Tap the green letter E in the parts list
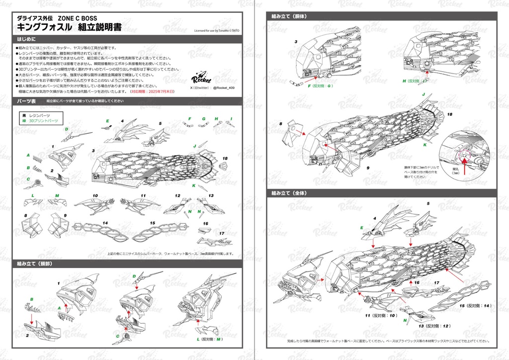pyautogui.click(x=107, y=121)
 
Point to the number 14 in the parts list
pyautogui.click(x=105, y=223)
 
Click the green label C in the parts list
pyautogui.click(x=28, y=180)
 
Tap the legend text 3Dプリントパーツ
pyautogui.click(x=44, y=121)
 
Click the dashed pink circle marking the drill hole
pyautogui.click(x=465, y=156)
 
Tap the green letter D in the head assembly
pyautogui.click(x=134, y=276)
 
